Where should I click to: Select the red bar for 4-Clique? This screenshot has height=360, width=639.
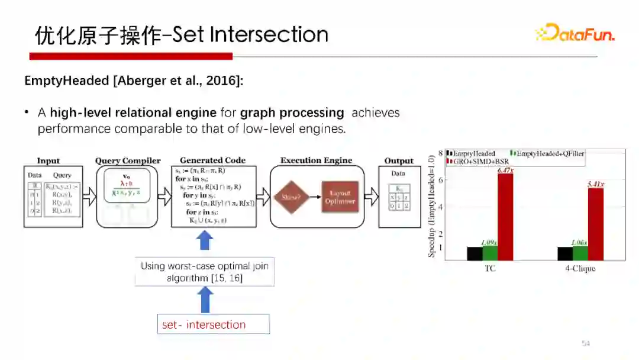point(595,224)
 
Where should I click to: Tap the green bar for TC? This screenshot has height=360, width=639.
point(490,253)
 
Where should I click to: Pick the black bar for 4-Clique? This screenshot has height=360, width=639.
point(564,253)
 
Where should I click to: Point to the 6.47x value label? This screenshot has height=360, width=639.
point(505,171)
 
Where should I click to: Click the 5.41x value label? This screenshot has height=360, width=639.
point(595,185)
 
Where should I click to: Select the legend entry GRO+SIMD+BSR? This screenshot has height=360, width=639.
point(480,161)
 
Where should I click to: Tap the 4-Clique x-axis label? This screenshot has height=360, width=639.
point(580,269)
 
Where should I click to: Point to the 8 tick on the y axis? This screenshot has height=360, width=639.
point(441,153)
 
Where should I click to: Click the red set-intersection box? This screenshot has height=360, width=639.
point(213,324)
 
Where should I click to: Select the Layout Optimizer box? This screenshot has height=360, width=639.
point(340,197)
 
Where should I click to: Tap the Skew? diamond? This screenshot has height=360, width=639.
point(292,197)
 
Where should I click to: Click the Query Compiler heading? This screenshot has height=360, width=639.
point(128,160)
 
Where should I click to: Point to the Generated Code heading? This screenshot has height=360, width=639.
point(213,160)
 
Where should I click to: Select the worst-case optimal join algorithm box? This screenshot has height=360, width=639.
point(205,272)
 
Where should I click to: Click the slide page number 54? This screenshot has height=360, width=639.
point(586,343)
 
